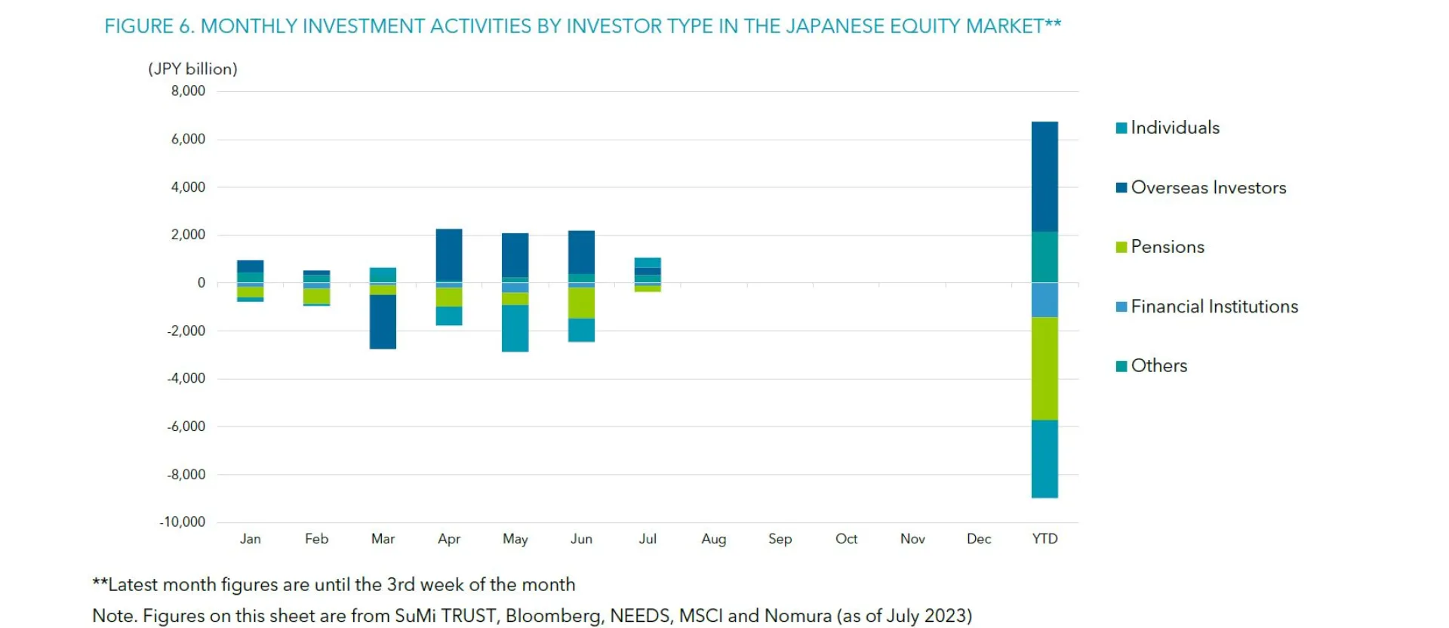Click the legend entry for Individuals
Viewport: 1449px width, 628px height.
(1174, 128)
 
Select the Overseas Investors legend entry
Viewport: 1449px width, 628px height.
(1207, 187)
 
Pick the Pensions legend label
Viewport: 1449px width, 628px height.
(1167, 247)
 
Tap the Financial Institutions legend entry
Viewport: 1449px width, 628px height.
(1214, 306)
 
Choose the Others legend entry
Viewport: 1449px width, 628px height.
(1158, 366)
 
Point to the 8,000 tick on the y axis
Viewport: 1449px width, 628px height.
(188, 91)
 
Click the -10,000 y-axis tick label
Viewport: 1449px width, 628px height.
(182, 522)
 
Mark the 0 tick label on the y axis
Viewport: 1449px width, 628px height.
(201, 283)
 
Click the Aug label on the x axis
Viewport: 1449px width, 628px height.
(713, 539)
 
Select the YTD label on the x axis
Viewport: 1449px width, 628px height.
(1044, 539)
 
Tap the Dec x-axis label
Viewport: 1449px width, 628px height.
(978, 539)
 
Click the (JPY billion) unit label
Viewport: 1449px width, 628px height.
(192, 69)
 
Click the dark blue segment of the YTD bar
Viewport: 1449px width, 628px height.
(1044, 177)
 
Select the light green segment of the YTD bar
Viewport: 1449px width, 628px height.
(1044, 368)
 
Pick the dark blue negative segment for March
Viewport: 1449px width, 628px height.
(383, 322)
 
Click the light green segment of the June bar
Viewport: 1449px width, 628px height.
(581, 303)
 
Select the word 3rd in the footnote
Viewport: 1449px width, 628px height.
(400, 585)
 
